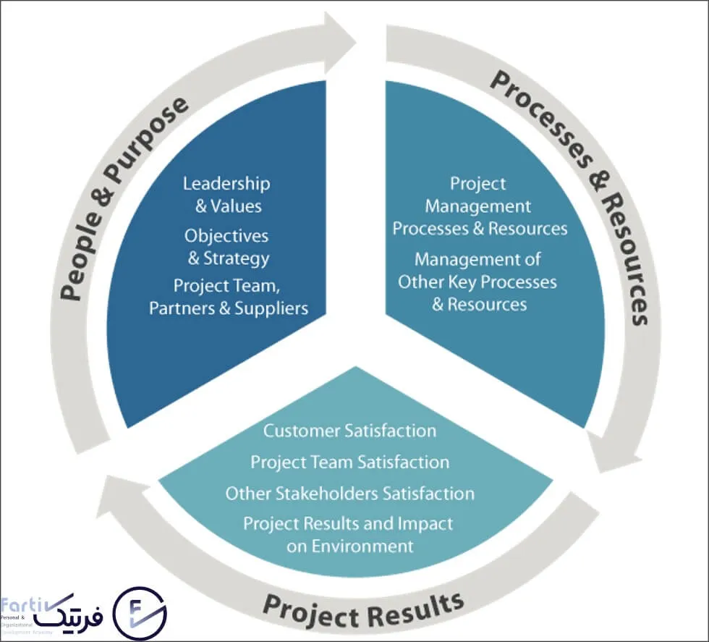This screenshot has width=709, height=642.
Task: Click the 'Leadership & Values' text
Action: coord(226,195)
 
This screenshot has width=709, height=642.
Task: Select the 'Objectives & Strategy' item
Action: coord(226,247)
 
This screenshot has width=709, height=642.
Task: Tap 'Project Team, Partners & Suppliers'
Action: coord(229,297)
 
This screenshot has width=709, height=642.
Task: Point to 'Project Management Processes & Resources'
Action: coord(479,206)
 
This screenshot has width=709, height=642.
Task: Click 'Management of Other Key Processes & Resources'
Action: coord(477,282)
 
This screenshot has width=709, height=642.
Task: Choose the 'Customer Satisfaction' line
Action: coord(349,431)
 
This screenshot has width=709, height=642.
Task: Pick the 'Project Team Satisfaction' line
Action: coord(349,462)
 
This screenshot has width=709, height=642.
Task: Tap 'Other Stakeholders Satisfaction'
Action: coord(349,494)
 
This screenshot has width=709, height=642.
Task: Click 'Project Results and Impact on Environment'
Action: coord(349,534)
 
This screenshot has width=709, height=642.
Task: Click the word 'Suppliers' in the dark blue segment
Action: coord(273,308)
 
